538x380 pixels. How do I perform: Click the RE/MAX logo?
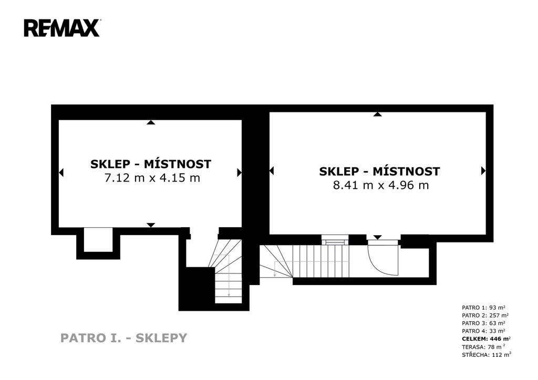pyautogui.click(x=62, y=28)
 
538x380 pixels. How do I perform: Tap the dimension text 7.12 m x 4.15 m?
pyautogui.click(x=152, y=178)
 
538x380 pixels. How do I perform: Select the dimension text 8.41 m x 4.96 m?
pyautogui.click(x=381, y=185)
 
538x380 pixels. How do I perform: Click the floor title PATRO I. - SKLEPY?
pyautogui.click(x=124, y=338)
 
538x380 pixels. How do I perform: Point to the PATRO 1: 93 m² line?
pyautogui.click(x=483, y=308)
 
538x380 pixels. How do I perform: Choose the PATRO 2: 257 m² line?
pyautogui.click(x=485, y=315)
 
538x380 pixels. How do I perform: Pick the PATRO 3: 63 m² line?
pyautogui.click(x=483, y=323)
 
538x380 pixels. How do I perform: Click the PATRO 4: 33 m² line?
pyautogui.click(x=483, y=331)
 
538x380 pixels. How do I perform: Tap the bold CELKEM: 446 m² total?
pyautogui.click(x=486, y=339)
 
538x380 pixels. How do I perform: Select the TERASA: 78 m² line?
pyautogui.click(x=483, y=347)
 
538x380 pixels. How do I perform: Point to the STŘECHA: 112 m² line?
pyautogui.click(x=487, y=355)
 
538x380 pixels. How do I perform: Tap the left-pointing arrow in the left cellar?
pyautogui.click(x=61, y=172)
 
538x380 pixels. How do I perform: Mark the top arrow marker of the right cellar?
pyautogui.click(x=377, y=114)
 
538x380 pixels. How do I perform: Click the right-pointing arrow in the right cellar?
pyautogui.click(x=483, y=171)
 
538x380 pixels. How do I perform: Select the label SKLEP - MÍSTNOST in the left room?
pyautogui.click(x=151, y=164)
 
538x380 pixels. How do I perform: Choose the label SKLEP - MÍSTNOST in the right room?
pyautogui.click(x=379, y=171)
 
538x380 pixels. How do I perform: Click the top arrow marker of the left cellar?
pyautogui.click(x=151, y=122)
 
